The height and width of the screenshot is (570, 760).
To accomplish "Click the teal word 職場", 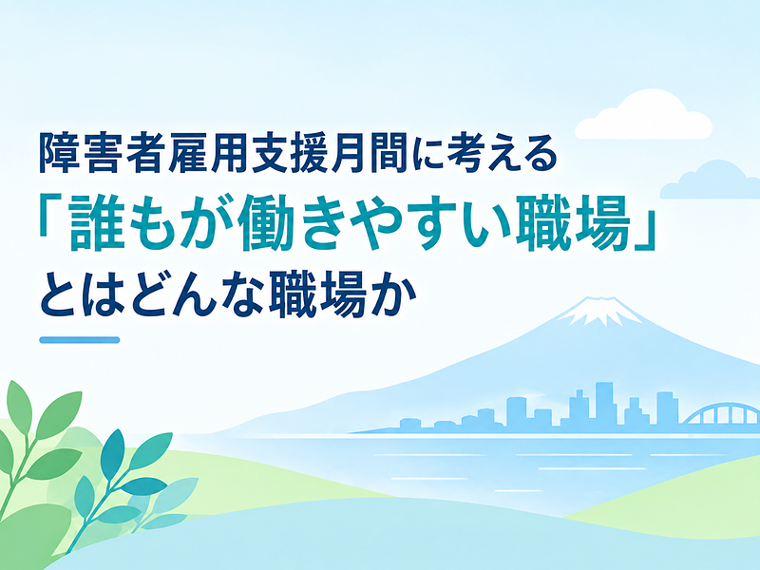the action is coord(572,221).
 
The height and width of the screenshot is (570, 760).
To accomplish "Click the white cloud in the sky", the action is coord(643,115).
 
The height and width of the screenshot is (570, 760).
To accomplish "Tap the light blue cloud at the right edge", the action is coord(711,181).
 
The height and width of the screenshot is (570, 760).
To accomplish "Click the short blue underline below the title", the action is coord(80,340).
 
